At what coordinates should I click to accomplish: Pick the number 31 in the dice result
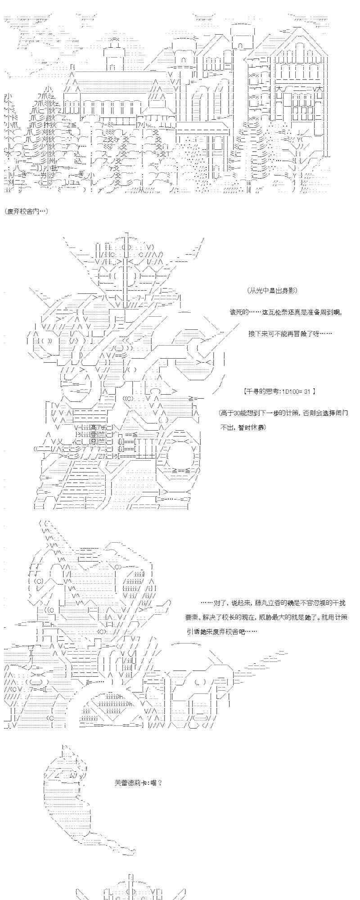click(x=307, y=391)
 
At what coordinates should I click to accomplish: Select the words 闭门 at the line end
click(x=341, y=413)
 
